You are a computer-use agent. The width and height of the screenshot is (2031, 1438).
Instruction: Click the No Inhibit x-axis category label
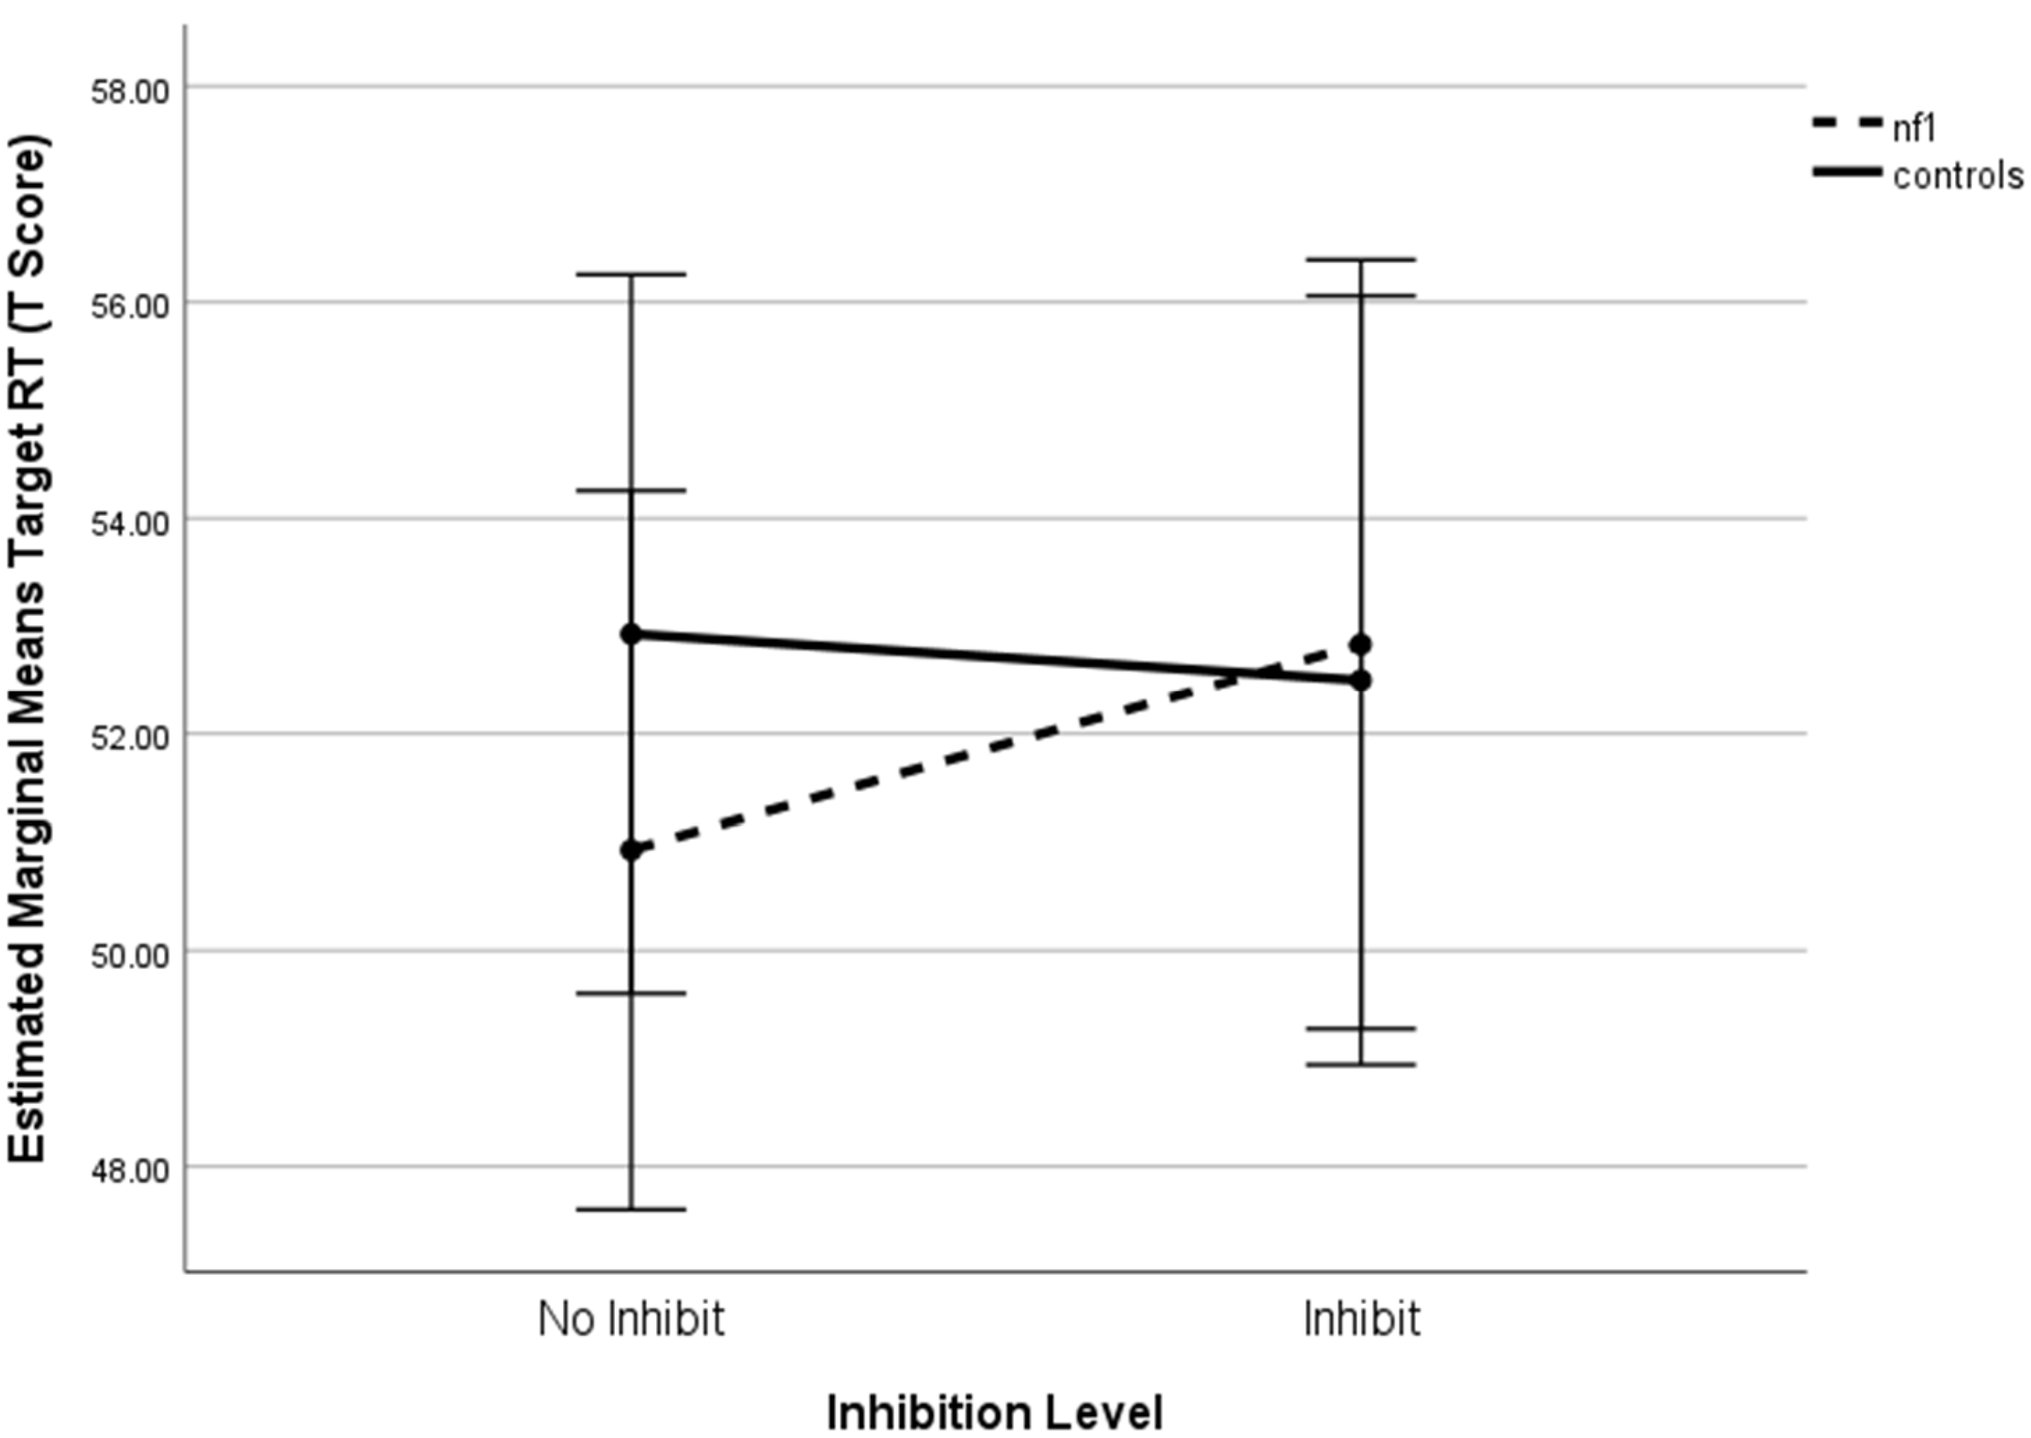[x=631, y=1320]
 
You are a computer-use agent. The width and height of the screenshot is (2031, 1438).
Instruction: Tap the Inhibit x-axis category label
[x=1361, y=1320]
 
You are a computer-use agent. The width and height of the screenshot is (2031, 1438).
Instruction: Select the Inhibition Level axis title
[x=995, y=1411]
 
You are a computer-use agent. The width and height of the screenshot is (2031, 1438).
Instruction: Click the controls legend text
[x=1957, y=176]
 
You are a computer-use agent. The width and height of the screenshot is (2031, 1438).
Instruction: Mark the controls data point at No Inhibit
[x=631, y=634]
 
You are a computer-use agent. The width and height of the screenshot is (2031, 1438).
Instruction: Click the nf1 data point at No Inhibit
[x=631, y=851]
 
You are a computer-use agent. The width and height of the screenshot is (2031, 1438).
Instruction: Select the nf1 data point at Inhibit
[x=1361, y=645]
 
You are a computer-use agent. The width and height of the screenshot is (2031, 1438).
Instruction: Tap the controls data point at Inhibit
[x=1361, y=681]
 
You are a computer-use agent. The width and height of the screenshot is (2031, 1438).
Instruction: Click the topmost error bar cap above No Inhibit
[x=631, y=275]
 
